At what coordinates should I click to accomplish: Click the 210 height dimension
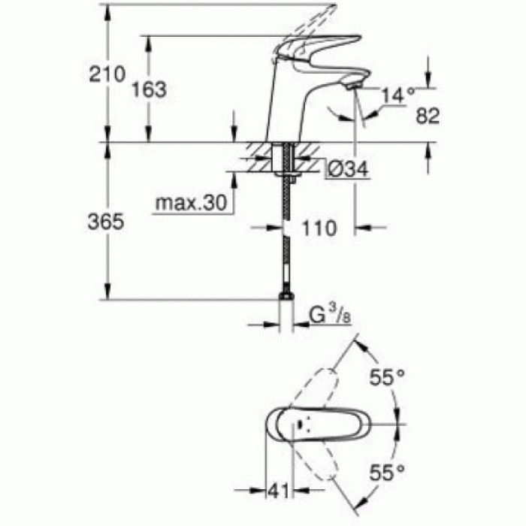coord(104,74)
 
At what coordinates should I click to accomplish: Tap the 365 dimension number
coord(104,223)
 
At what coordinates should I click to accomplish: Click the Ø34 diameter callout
coord(348,171)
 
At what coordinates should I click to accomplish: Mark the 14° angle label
coord(398,95)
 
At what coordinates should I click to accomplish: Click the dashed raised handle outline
coord(312,23)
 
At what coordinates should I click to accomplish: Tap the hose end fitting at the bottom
coord(286,298)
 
